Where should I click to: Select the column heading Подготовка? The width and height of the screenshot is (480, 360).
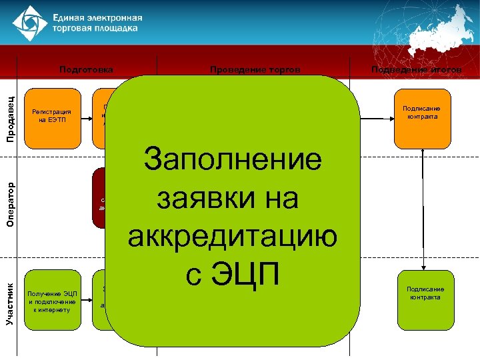(x=86, y=69)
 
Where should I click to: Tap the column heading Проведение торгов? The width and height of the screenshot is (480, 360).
(x=255, y=69)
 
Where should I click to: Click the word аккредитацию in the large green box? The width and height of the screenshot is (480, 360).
(x=233, y=236)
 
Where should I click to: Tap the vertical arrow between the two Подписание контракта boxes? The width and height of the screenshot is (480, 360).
(x=422, y=207)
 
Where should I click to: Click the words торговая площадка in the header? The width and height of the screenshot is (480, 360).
(x=96, y=29)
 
